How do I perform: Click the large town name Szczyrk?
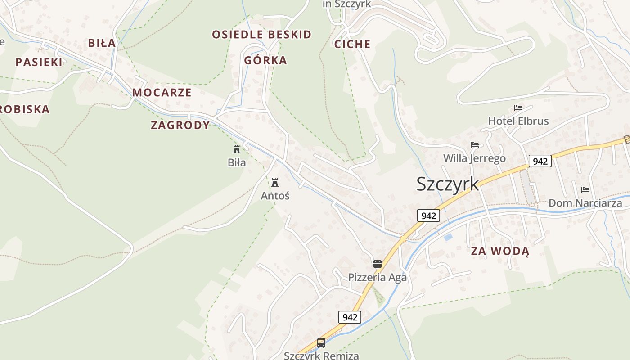coord(447,184)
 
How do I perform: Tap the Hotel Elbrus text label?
coord(518,121)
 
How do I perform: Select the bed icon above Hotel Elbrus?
coord(518,108)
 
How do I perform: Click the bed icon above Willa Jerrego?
coord(474,145)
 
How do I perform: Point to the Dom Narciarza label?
coord(585,203)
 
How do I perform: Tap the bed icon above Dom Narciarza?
coord(585,190)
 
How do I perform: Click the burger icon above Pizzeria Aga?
coord(377,264)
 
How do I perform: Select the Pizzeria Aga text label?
coord(377,277)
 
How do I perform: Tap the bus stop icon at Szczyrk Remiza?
coord(321,343)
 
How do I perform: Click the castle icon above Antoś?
coord(275,183)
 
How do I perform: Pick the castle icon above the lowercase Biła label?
coord(237,149)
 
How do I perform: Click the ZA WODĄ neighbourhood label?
coord(500,251)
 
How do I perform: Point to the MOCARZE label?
coord(162,93)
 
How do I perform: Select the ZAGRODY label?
coord(180,125)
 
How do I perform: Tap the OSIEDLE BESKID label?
coord(261,35)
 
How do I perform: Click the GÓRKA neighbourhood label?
coord(265,60)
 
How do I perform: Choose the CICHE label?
coord(352,44)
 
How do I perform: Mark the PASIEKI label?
coord(39,62)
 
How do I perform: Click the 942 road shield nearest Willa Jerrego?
coord(540,161)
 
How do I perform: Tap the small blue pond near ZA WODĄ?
coord(448,237)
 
